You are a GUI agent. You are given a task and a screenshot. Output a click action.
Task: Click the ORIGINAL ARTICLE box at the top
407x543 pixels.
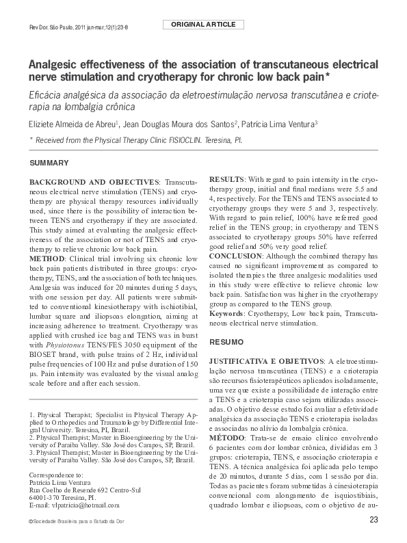(204, 25)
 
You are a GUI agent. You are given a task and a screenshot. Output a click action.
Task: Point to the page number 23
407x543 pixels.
(373, 522)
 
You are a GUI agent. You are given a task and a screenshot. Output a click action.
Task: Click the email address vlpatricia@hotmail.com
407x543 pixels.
(86, 505)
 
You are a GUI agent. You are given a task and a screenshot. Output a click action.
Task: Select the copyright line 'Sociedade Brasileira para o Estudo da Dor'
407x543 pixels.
(76, 522)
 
